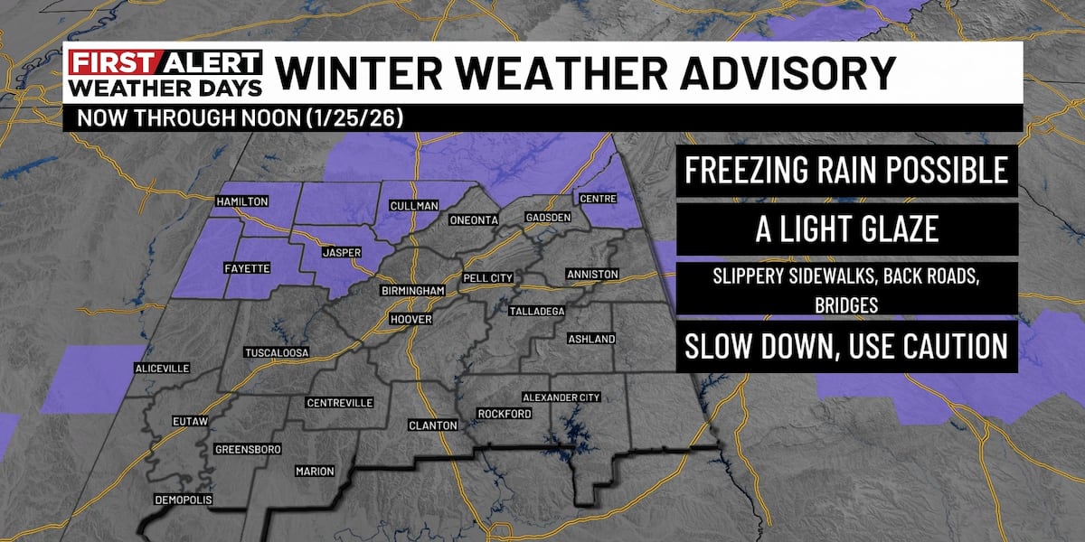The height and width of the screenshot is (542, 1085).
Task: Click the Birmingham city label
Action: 412,291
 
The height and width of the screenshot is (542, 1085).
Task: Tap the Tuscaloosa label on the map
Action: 278,352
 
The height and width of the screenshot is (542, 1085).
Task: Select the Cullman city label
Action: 414,206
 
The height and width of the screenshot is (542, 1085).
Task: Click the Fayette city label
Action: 245,268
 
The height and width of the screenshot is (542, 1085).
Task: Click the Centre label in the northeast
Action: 598,198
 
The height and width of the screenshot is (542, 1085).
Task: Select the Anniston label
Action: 591,274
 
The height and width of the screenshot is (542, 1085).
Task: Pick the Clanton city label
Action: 434,425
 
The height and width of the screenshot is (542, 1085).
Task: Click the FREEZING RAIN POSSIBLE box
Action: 846,170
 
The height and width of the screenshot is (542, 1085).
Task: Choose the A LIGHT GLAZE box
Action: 846,229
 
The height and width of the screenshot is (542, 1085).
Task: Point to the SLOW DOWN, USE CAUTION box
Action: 846,347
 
